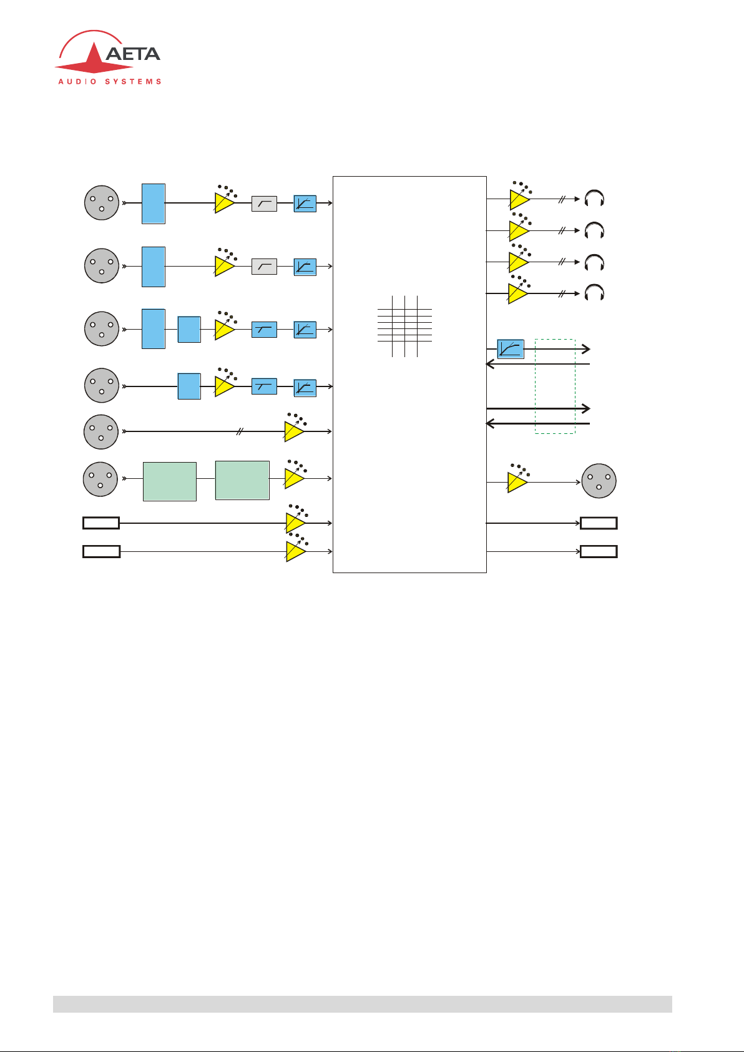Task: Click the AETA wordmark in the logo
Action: click(x=133, y=54)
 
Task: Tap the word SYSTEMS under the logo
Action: click(x=134, y=82)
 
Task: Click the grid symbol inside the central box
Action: click(x=404, y=326)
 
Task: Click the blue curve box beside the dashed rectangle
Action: click(x=510, y=349)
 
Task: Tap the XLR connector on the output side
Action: click(x=599, y=481)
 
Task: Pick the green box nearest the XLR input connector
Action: click(x=169, y=481)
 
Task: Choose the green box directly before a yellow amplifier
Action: click(x=242, y=481)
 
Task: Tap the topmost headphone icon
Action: click(x=594, y=198)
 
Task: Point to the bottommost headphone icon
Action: click(x=594, y=292)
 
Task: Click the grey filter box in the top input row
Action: click(x=264, y=204)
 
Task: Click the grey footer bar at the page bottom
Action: click(x=363, y=1004)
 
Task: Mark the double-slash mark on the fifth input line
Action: click(x=240, y=431)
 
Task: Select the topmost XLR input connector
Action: click(x=101, y=202)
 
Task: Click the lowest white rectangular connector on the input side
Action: click(x=101, y=551)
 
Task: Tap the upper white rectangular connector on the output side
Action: click(x=599, y=523)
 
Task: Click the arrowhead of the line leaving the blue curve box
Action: click(x=586, y=349)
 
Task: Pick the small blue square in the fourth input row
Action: click(x=189, y=386)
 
